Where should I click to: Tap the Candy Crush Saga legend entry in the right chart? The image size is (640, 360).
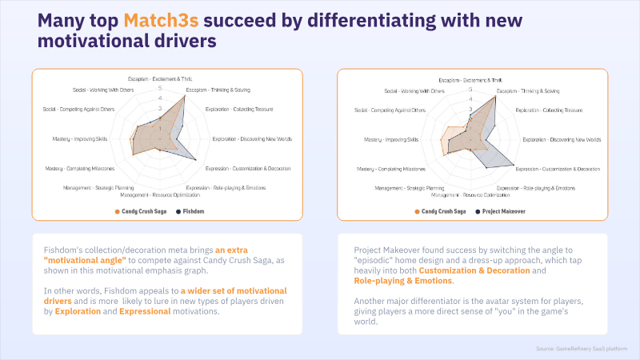(x=442, y=211)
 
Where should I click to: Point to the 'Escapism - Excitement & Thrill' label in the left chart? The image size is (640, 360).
(x=160, y=78)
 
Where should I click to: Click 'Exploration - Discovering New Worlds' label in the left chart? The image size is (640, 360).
(x=252, y=139)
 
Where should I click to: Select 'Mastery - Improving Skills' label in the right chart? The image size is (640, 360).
(x=391, y=139)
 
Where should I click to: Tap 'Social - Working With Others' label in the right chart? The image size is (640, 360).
(x=415, y=91)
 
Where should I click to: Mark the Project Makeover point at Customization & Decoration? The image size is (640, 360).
(x=513, y=169)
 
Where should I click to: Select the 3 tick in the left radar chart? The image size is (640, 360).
(x=159, y=108)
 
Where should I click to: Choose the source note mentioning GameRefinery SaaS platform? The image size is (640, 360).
(x=588, y=349)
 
